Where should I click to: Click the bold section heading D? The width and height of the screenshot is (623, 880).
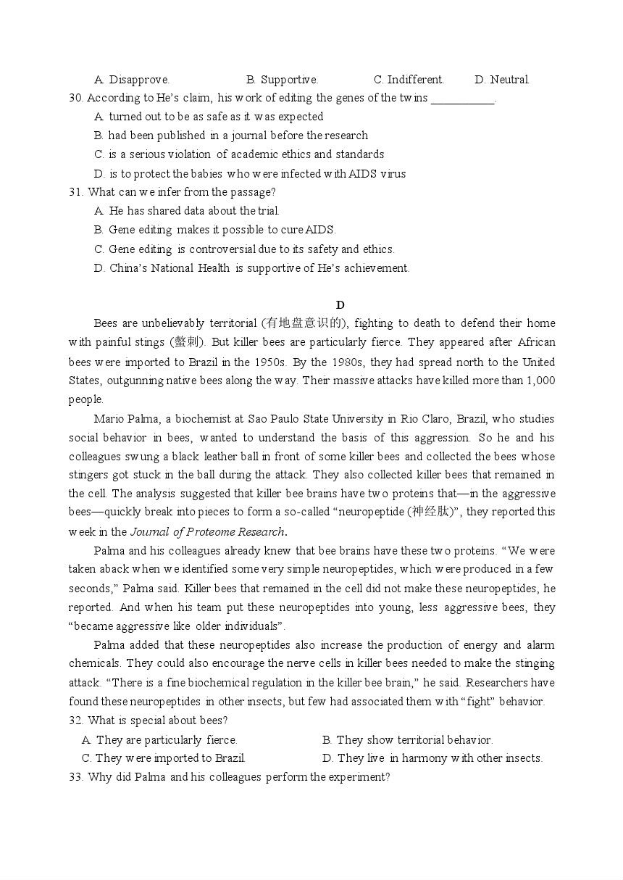[x=340, y=304]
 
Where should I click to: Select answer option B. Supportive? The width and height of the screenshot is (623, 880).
[x=282, y=80]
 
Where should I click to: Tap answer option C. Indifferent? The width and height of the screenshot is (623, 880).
[x=409, y=80]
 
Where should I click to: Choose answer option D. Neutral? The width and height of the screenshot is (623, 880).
[x=502, y=80]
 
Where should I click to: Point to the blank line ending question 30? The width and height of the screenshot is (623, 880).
[x=462, y=99]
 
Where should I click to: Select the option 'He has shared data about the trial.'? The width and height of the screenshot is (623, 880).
[x=193, y=211]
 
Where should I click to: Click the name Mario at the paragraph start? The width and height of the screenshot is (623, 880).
[x=109, y=419]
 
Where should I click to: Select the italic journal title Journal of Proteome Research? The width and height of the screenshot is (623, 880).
[x=207, y=531]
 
